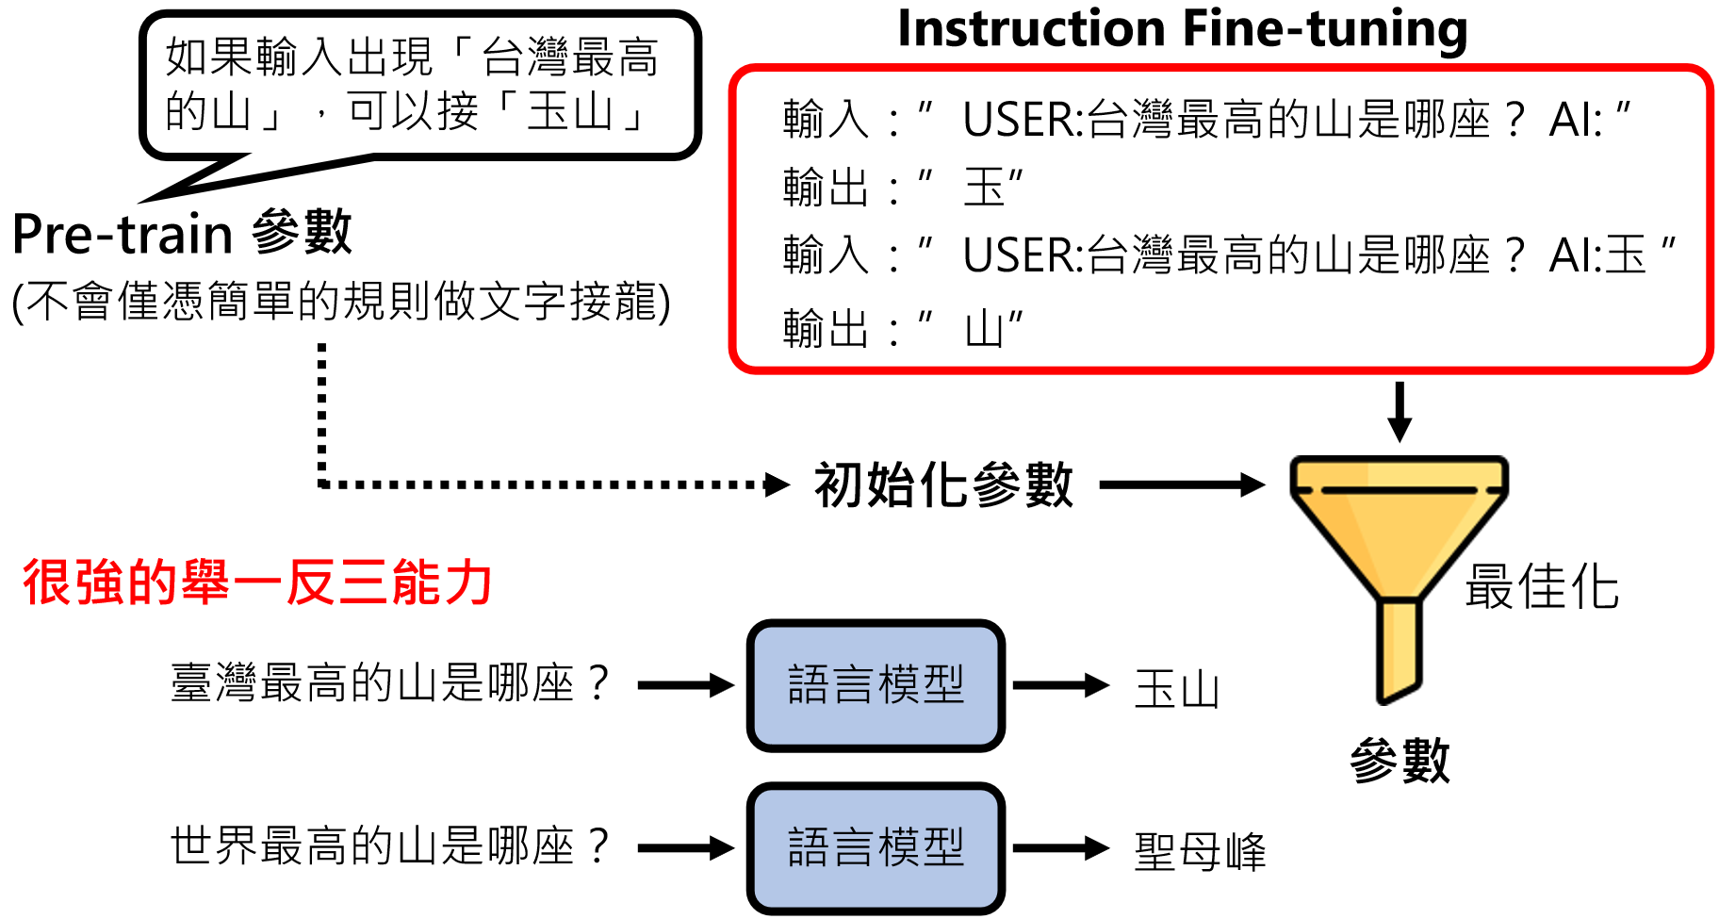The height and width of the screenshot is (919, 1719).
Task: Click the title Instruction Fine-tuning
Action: (1182, 28)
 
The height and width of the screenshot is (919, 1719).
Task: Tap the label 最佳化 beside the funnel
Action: (1542, 587)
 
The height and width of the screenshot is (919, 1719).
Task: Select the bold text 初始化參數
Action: (943, 485)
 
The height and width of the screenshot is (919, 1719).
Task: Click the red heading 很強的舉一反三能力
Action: (257, 582)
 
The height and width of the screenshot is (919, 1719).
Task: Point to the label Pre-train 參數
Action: (182, 233)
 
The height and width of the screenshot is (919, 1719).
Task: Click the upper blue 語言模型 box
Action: (876, 685)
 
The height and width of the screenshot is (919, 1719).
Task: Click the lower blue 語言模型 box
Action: (876, 847)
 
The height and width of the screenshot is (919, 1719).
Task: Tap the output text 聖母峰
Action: (1200, 851)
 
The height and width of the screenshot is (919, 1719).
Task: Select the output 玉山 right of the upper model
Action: (1177, 689)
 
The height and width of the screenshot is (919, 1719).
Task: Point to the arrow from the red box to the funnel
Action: (1400, 411)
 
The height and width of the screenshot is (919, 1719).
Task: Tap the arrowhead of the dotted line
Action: (778, 485)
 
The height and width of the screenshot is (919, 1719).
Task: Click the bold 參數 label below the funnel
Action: (1400, 760)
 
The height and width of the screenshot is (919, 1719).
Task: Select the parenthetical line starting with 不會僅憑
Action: (341, 303)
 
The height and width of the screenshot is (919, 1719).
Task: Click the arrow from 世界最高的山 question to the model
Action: (685, 847)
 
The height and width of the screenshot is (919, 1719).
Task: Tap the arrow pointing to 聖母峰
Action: (1060, 847)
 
